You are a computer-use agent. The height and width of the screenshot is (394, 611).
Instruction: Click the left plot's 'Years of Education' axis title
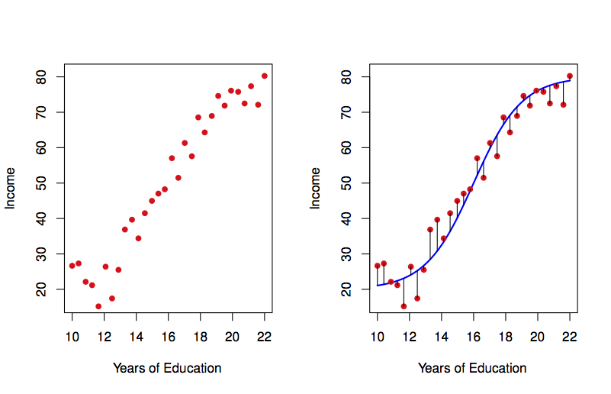click(x=167, y=368)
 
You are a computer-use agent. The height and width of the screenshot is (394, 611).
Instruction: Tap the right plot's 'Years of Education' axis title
click(x=472, y=368)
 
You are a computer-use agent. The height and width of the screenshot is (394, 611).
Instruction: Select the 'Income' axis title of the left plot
click(x=11, y=188)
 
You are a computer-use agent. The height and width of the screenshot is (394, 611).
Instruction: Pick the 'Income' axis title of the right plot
click(x=316, y=188)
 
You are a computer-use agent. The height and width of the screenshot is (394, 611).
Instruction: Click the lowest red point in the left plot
click(x=98, y=306)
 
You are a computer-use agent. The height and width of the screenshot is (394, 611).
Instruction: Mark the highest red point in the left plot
click(x=265, y=76)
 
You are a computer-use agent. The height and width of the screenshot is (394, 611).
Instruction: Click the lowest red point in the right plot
click(x=404, y=306)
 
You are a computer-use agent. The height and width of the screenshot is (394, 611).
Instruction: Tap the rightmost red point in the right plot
click(x=570, y=76)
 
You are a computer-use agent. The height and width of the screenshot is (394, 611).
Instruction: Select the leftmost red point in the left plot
click(x=72, y=266)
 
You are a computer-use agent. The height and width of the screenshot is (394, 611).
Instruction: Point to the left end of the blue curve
click(x=378, y=286)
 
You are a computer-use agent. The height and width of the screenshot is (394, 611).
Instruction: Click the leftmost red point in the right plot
click(x=377, y=266)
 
